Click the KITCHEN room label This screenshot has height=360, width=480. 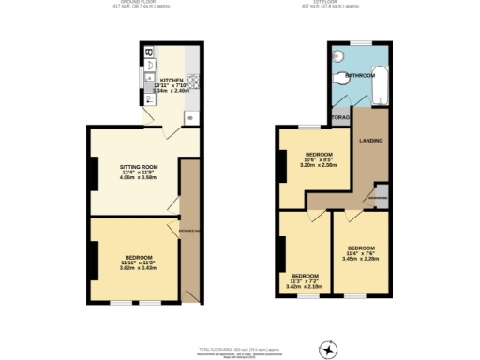pyautogui.click(x=171, y=81)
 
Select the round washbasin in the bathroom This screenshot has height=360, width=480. pyautogui.click(x=337, y=56)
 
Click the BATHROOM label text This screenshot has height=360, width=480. pyautogui.click(x=361, y=74)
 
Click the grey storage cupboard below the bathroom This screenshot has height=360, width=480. pyautogui.click(x=338, y=117)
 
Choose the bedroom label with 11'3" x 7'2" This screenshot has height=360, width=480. pyautogui.click(x=304, y=276)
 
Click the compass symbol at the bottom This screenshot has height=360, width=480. pyautogui.click(x=327, y=349)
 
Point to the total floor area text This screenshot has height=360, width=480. pyautogui.click(x=240, y=348)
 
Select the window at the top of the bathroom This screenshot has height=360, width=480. pyautogui.click(x=357, y=42)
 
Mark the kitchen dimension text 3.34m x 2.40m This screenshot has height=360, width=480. pyautogui.click(x=171, y=92)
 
